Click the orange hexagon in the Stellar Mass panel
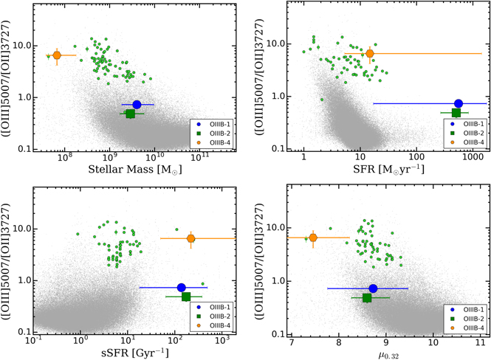point(57,55)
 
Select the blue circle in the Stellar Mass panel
point(137,105)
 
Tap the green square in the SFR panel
point(456,113)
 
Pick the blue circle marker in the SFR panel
point(459,103)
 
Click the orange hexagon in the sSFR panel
point(190,238)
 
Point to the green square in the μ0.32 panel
point(367,298)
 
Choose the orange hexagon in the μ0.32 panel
point(313,238)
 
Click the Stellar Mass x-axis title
point(135,169)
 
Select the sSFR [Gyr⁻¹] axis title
point(135,353)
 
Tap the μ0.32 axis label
point(388,356)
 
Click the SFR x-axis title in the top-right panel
point(388,169)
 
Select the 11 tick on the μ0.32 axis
point(480,342)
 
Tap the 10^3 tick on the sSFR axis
point(222,339)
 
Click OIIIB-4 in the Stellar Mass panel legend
point(220,143)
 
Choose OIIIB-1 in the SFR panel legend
point(473,124)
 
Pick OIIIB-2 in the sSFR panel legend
point(220,316)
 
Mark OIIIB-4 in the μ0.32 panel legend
point(473,328)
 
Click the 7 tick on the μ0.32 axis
point(292,342)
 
